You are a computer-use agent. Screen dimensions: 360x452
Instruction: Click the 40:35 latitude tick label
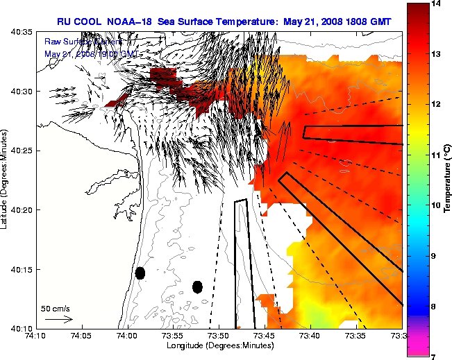[x=22, y=32]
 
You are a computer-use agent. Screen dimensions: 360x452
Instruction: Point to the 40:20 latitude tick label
[x=22, y=209]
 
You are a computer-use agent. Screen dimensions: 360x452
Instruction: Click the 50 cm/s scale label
[x=56, y=308]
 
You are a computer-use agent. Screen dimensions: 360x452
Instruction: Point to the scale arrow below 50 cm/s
[x=58, y=319]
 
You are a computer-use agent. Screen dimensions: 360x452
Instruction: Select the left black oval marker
[x=140, y=273]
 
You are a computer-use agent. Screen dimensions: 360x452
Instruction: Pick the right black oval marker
[x=197, y=286]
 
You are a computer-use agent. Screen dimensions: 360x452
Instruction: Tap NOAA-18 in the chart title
[x=130, y=22]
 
